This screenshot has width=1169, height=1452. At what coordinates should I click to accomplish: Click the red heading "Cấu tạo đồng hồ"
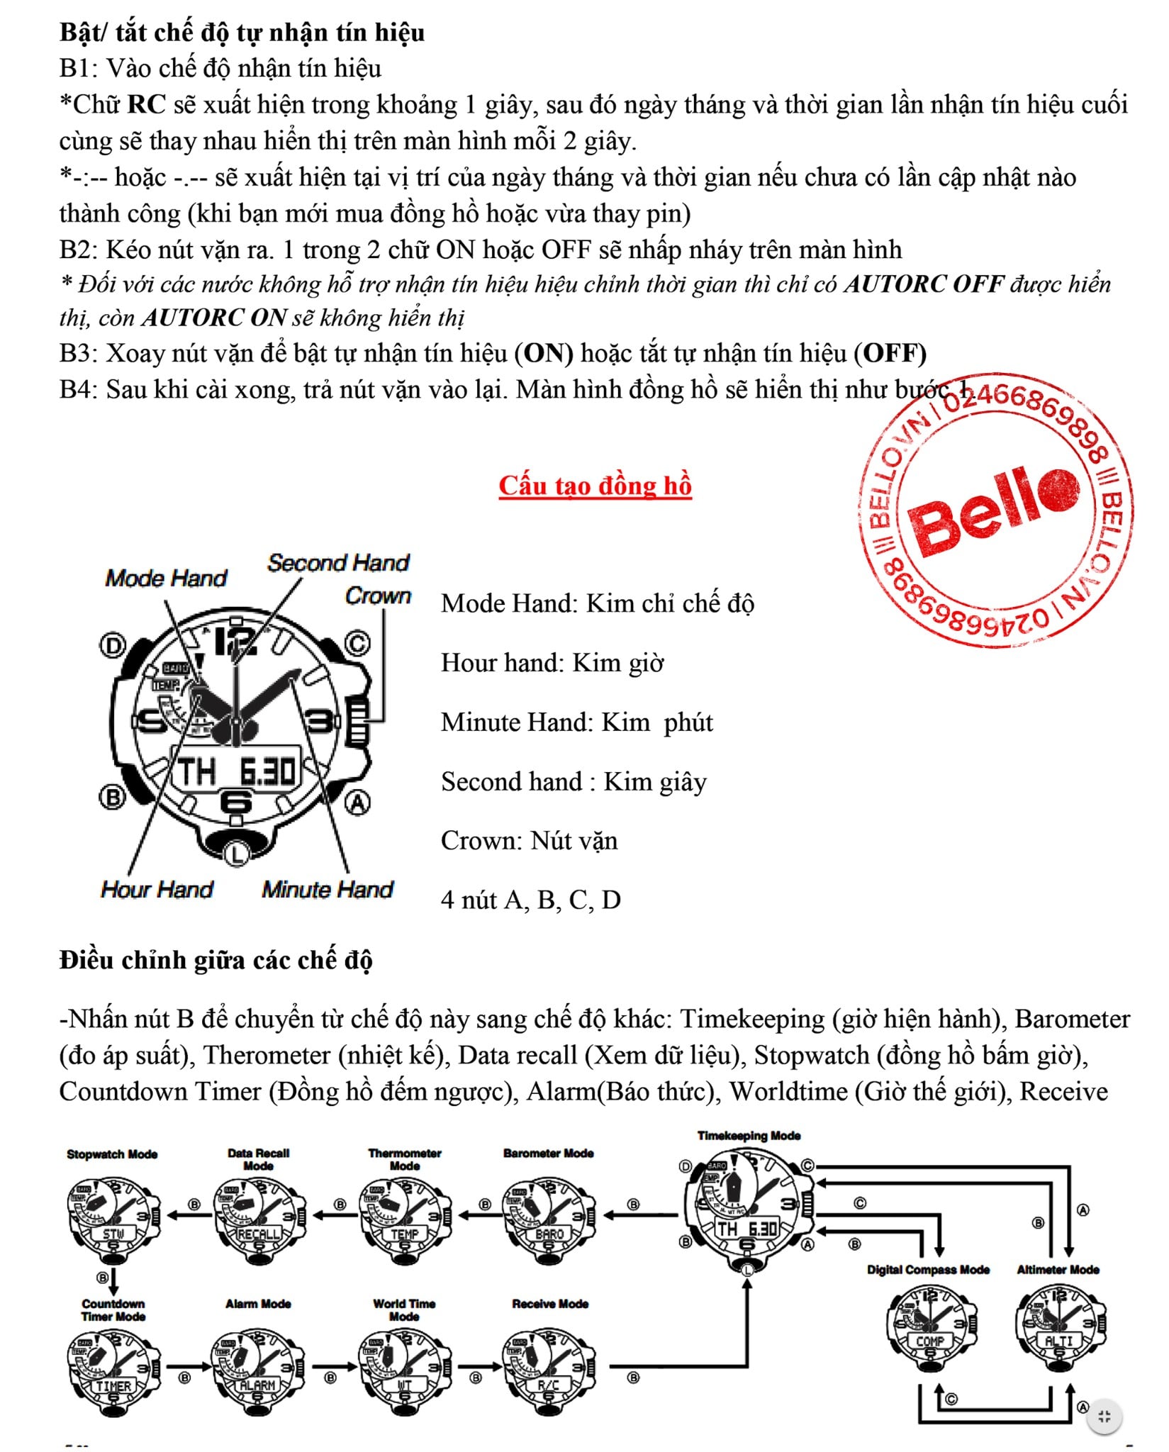coord(595,486)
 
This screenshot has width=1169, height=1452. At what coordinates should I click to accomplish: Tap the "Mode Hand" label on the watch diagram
coord(166,579)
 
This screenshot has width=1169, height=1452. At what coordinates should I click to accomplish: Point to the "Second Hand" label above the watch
coord(338,563)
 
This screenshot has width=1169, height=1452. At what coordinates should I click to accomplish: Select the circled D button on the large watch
coord(112,646)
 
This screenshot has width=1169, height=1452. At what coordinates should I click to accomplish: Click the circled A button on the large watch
coord(357,803)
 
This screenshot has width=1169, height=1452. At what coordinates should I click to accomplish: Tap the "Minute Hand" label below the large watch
coord(327,889)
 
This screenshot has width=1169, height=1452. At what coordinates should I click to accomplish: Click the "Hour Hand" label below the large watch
coord(157,889)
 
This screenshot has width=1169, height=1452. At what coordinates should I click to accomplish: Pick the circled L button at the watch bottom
coord(236,854)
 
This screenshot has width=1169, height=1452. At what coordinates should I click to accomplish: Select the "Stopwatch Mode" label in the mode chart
coord(112,1154)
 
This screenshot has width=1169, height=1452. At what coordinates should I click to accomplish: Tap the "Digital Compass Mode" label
coord(928,1270)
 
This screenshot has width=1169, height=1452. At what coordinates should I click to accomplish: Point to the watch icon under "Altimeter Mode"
coord(1059,1324)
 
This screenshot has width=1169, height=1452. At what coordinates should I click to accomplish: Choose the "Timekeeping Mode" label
coord(749,1136)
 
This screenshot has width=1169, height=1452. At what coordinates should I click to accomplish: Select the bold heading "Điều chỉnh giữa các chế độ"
coord(216,960)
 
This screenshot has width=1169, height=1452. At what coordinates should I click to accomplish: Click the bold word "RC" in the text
coord(146,104)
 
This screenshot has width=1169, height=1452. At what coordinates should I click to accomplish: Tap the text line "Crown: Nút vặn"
coord(529,841)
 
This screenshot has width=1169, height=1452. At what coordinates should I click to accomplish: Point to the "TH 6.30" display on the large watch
coord(236,771)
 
